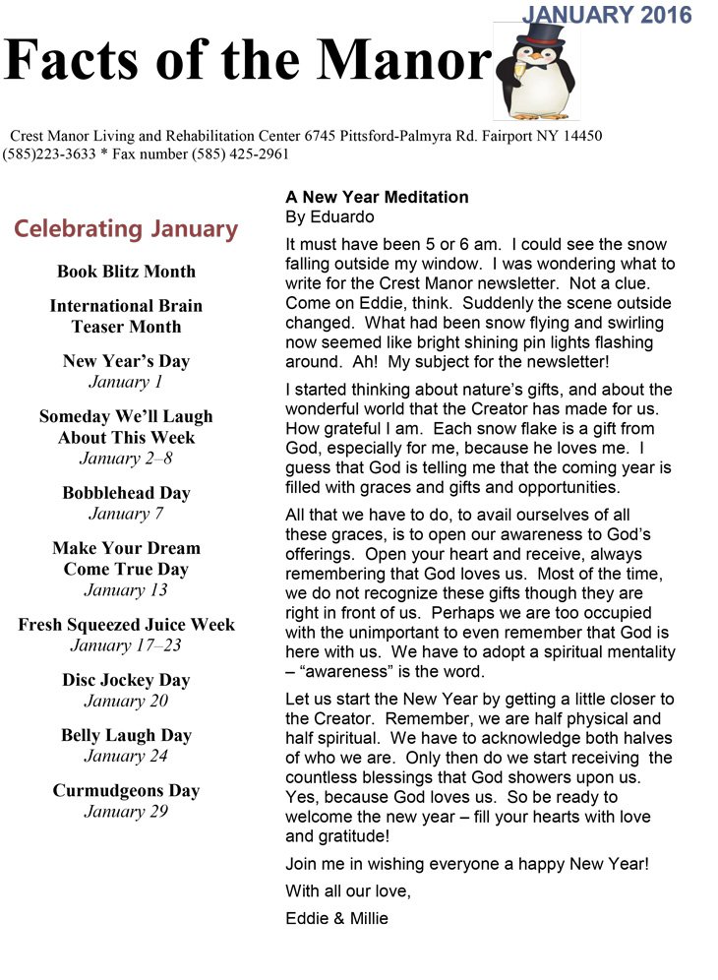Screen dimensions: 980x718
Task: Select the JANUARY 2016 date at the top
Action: [x=607, y=15]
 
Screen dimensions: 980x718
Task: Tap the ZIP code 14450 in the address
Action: [x=581, y=135]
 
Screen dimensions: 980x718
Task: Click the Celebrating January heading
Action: [x=126, y=229]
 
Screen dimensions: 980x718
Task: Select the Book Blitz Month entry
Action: [x=126, y=272]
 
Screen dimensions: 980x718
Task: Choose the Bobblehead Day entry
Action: [x=126, y=493]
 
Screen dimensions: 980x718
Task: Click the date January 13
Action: [x=126, y=590]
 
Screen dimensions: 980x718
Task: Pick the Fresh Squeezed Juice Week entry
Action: [x=126, y=625]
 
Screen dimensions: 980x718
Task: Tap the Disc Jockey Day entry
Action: [x=126, y=680]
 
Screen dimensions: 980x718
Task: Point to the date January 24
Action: [x=126, y=756]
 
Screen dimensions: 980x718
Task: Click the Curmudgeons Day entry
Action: [x=126, y=790]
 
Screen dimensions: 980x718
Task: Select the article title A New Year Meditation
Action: [x=377, y=198]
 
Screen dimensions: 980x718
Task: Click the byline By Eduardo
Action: [x=329, y=216]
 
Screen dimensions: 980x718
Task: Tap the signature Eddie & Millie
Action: [x=336, y=919]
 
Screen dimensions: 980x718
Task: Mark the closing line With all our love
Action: [x=347, y=892]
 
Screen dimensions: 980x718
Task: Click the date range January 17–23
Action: [x=126, y=645]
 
